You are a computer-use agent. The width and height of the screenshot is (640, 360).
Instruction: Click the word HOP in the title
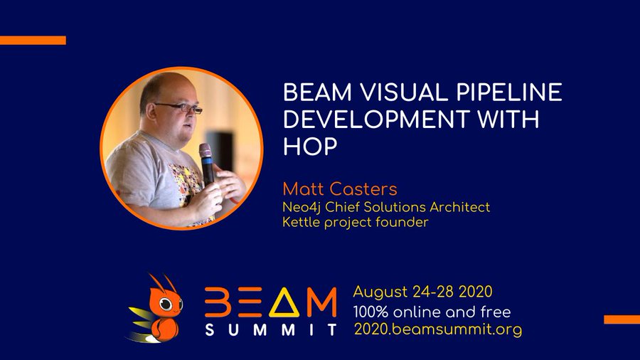[310, 146]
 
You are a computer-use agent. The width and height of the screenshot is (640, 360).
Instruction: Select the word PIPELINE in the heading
[509, 92]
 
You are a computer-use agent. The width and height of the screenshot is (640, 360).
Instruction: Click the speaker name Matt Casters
[340, 189]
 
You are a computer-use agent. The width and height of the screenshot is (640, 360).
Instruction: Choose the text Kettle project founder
[356, 223]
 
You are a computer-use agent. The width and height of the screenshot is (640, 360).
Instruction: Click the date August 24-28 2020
[422, 292]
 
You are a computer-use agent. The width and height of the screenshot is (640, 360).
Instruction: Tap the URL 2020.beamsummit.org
[437, 329]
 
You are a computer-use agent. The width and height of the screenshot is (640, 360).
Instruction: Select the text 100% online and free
[432, 312]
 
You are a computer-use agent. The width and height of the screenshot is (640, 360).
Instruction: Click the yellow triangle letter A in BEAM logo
[284, 302]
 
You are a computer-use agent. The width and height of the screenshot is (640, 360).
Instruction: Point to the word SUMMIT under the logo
[271, 329]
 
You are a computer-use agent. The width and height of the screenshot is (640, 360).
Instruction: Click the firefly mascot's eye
[165, 304]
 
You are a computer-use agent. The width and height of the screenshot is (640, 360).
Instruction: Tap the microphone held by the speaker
[206, 164]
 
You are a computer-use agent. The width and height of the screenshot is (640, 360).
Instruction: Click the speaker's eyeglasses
[180, 107]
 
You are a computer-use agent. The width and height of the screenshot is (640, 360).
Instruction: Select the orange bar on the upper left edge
[33, 40]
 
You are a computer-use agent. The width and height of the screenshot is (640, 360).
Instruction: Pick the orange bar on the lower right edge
[622, 319]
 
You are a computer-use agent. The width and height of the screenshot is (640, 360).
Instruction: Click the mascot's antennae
[163, 282]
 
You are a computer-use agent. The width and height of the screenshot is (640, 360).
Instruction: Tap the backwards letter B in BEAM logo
[216, 302]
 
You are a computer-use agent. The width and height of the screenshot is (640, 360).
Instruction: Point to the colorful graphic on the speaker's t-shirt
[186, 184]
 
